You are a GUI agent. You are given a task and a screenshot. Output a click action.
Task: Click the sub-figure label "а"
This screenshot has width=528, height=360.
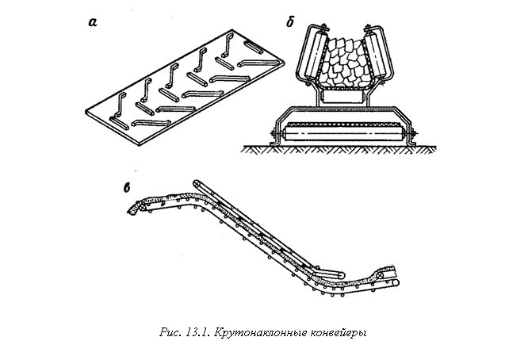[93, 23]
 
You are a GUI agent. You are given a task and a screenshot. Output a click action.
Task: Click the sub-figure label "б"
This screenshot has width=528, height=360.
[290, 22]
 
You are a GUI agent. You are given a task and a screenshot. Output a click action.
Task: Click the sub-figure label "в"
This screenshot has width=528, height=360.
[127, 188]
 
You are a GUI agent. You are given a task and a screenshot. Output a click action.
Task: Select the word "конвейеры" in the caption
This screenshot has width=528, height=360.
[338, 333]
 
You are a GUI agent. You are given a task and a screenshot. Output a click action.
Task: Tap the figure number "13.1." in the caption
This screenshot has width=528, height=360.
[197, 332]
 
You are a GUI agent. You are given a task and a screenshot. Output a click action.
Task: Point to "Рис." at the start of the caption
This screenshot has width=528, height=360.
[170, 332]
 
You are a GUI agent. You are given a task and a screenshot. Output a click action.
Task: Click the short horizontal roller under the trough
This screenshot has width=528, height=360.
[342, 97]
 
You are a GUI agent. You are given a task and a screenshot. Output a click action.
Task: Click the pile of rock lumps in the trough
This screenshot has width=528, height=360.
[344, 63]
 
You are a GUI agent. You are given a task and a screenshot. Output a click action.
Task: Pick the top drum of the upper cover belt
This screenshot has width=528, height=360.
[197, 183]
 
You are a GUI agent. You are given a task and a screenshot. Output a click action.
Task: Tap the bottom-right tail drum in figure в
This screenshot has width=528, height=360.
[395, 282]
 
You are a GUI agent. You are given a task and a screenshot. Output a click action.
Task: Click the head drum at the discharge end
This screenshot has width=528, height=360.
[143, 208]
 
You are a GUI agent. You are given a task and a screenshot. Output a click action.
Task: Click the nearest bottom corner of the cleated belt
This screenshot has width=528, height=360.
[140, 146]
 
